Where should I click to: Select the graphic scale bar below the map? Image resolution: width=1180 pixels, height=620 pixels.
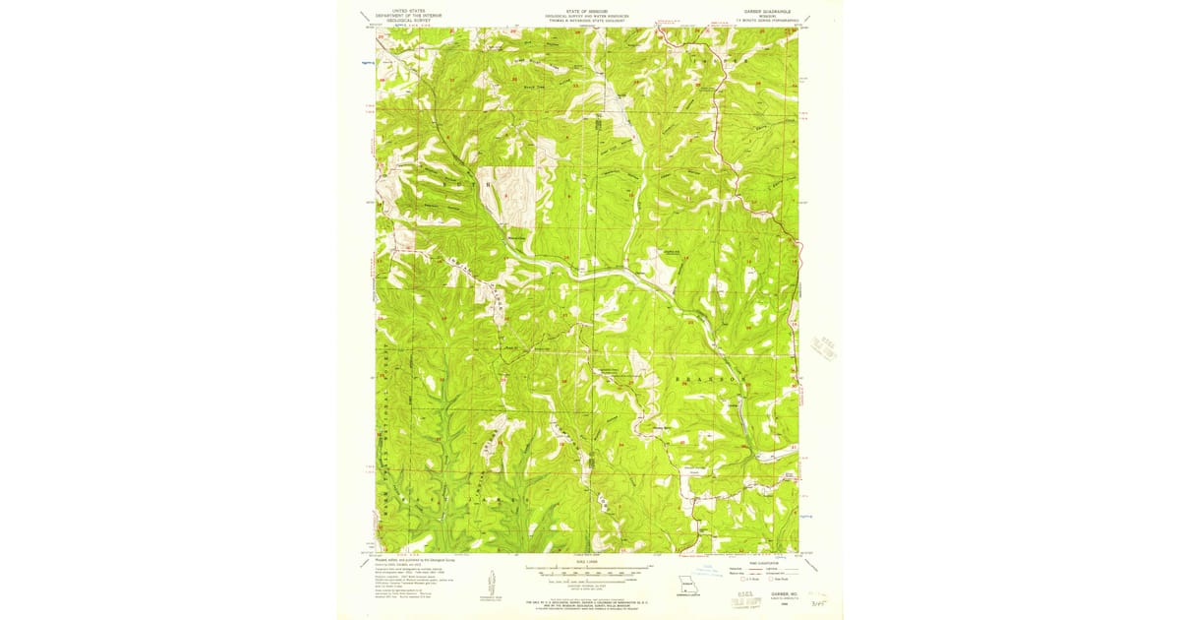pos(587,569)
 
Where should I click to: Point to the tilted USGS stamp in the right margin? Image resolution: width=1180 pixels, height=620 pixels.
pos(824,351)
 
